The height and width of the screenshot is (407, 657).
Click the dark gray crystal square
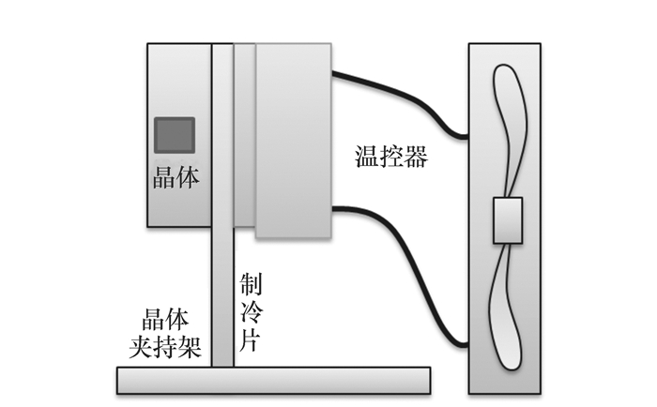point(174,135)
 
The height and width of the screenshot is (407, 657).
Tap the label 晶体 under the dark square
point(176,176)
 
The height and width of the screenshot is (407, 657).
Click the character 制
point(251,284)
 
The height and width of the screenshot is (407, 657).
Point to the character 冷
point(251,313)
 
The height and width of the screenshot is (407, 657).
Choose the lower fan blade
point(508,309)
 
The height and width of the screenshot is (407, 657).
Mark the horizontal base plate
point(273,381)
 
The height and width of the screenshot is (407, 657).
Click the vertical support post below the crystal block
point(222,300)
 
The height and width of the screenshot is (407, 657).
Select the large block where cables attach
point(294,141)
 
